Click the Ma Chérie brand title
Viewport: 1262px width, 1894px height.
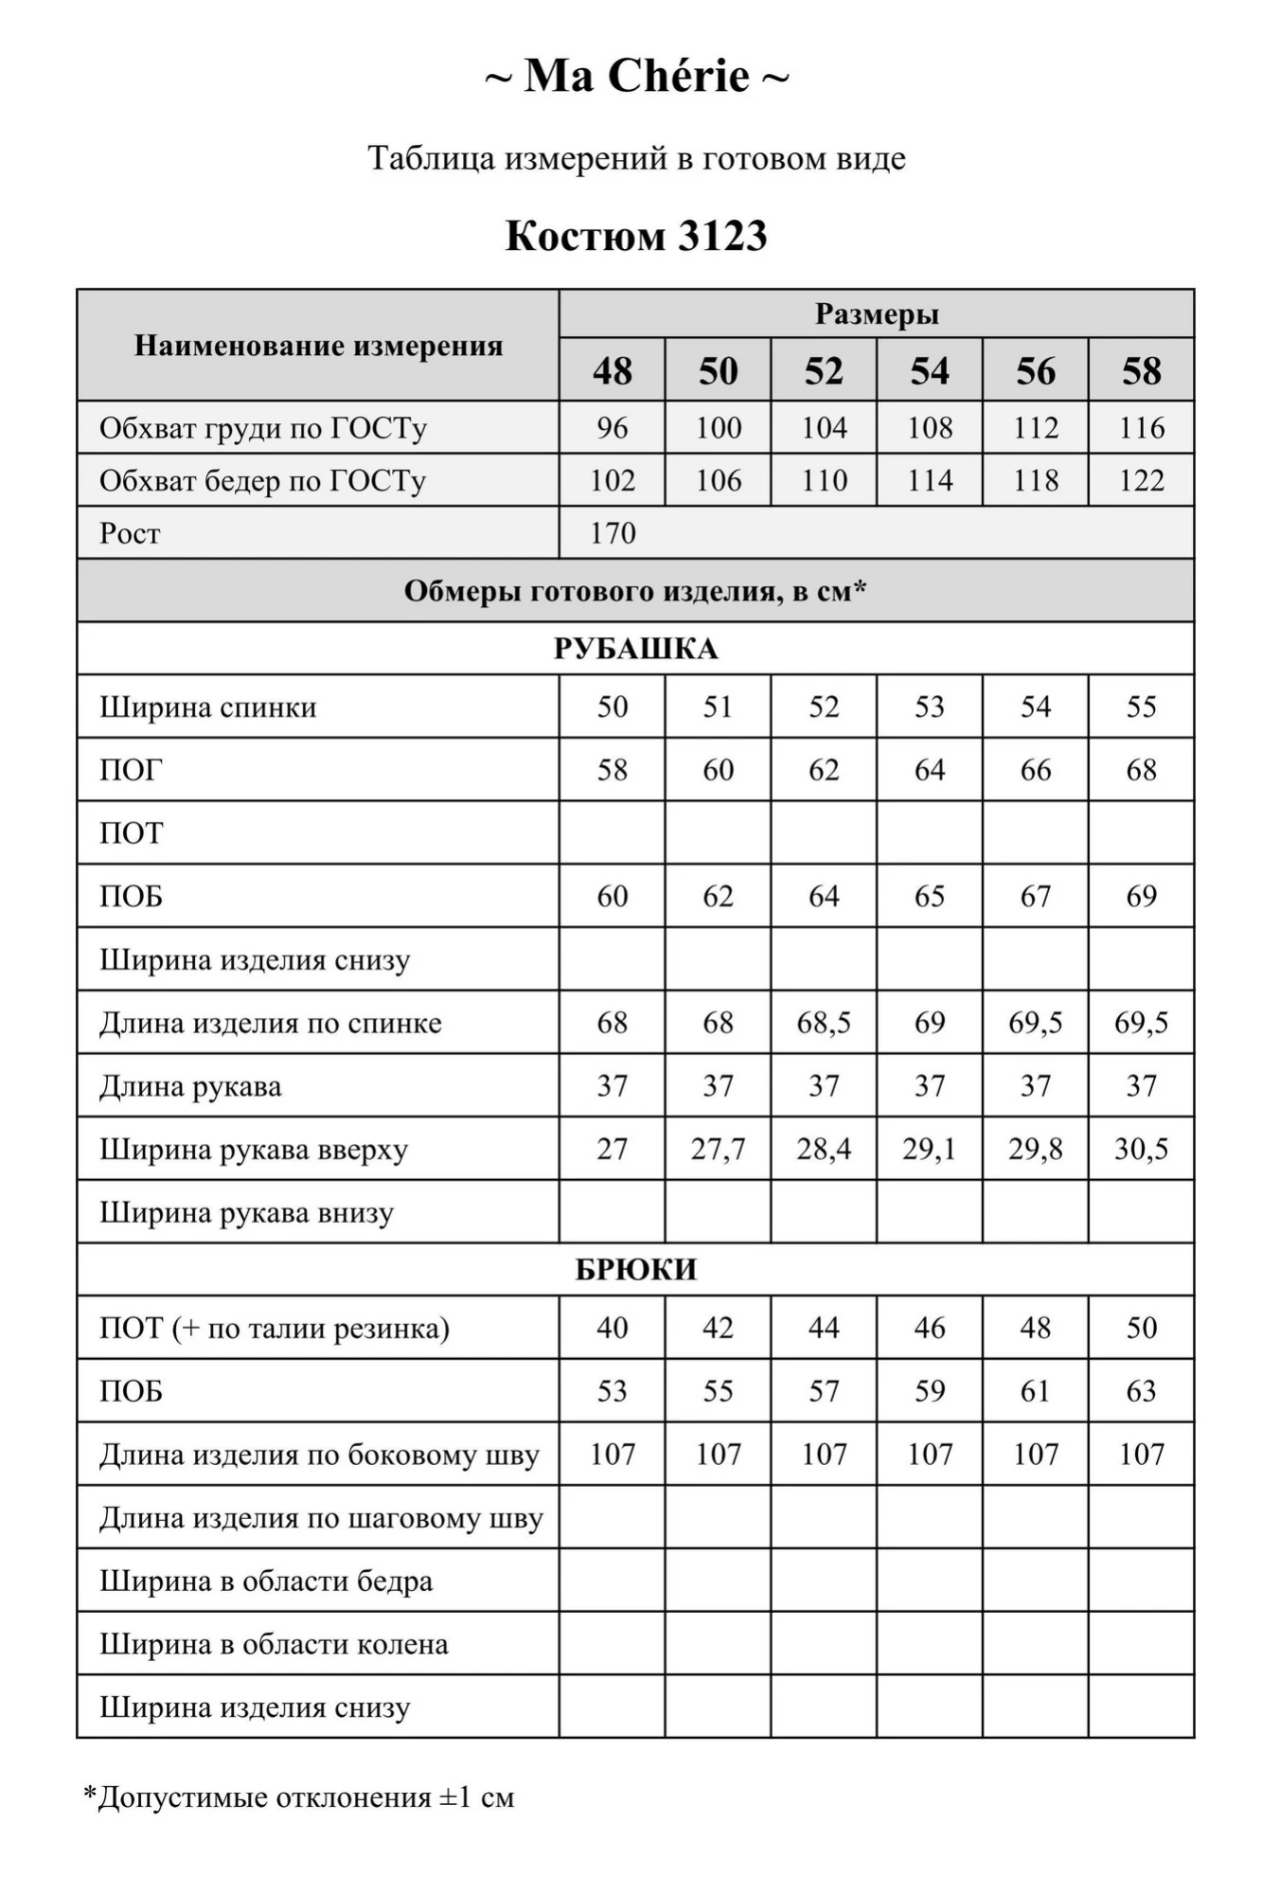point(636,76)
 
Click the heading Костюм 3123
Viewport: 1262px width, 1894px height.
point(636,236)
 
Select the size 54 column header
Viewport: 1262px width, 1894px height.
point(930,370)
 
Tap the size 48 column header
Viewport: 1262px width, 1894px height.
point(613,370)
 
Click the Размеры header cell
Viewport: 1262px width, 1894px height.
point(877,313)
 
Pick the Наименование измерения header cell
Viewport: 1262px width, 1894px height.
point(318,346)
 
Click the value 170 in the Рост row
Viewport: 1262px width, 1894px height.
point(613,533)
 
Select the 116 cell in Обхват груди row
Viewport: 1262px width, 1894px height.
point(1142,428)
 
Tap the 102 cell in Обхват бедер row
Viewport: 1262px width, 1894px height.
point(613,481)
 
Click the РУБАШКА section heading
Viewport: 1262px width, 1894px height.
point(636,649)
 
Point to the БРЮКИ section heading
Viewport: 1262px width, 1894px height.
point(636,1269)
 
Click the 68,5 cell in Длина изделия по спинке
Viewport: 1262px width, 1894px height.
point(824,1023)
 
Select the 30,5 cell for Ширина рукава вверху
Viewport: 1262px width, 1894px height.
point(1142,1149)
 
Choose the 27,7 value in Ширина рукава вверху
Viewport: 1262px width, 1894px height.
point(719,1149)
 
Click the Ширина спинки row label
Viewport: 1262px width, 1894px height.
point(208,707)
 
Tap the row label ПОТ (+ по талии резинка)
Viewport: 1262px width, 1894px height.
point(275,1328)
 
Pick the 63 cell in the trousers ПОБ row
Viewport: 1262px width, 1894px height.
point(1142,1391)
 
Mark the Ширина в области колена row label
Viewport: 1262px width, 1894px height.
point(275,1644)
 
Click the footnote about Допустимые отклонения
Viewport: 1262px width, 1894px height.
point(299,1796)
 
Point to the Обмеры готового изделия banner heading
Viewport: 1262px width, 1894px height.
point(636,591)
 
